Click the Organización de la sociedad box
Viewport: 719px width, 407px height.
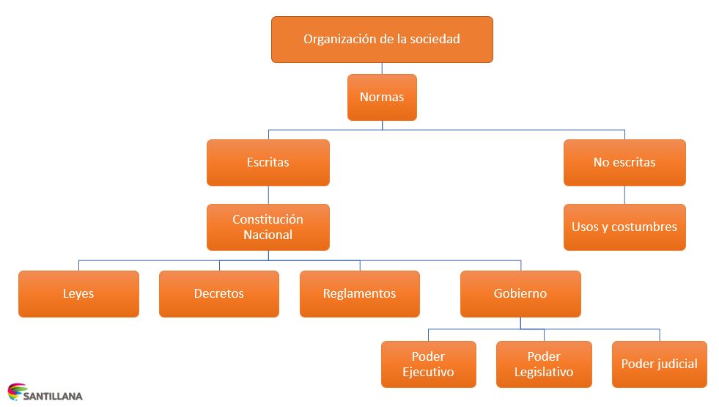pos(382,39)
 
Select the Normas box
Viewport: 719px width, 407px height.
pos(382,97)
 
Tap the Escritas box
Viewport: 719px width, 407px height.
pos(268,162)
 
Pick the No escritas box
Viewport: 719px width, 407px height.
pos(624,162)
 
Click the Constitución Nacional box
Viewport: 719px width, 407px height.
pos(268,227)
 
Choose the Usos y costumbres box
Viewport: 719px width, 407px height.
pos(624,227)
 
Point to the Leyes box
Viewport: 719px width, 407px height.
pos(78,293)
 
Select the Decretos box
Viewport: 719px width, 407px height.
pos(219,293)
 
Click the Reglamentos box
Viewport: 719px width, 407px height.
pos(360,293)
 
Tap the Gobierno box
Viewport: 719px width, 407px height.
pos(520,293)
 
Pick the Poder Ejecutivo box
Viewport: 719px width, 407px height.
pos(428,364)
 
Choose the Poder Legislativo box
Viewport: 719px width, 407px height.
pos(544,364)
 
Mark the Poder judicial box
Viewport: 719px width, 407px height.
pos(659,364)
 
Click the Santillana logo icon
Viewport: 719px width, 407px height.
pos(15,392)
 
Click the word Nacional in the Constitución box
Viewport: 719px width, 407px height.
pos(268,235)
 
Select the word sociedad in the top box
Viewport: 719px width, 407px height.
pos(435,39)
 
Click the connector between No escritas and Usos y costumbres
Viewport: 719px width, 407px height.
pos(624,194)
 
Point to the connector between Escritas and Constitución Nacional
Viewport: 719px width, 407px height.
pos(268,194)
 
